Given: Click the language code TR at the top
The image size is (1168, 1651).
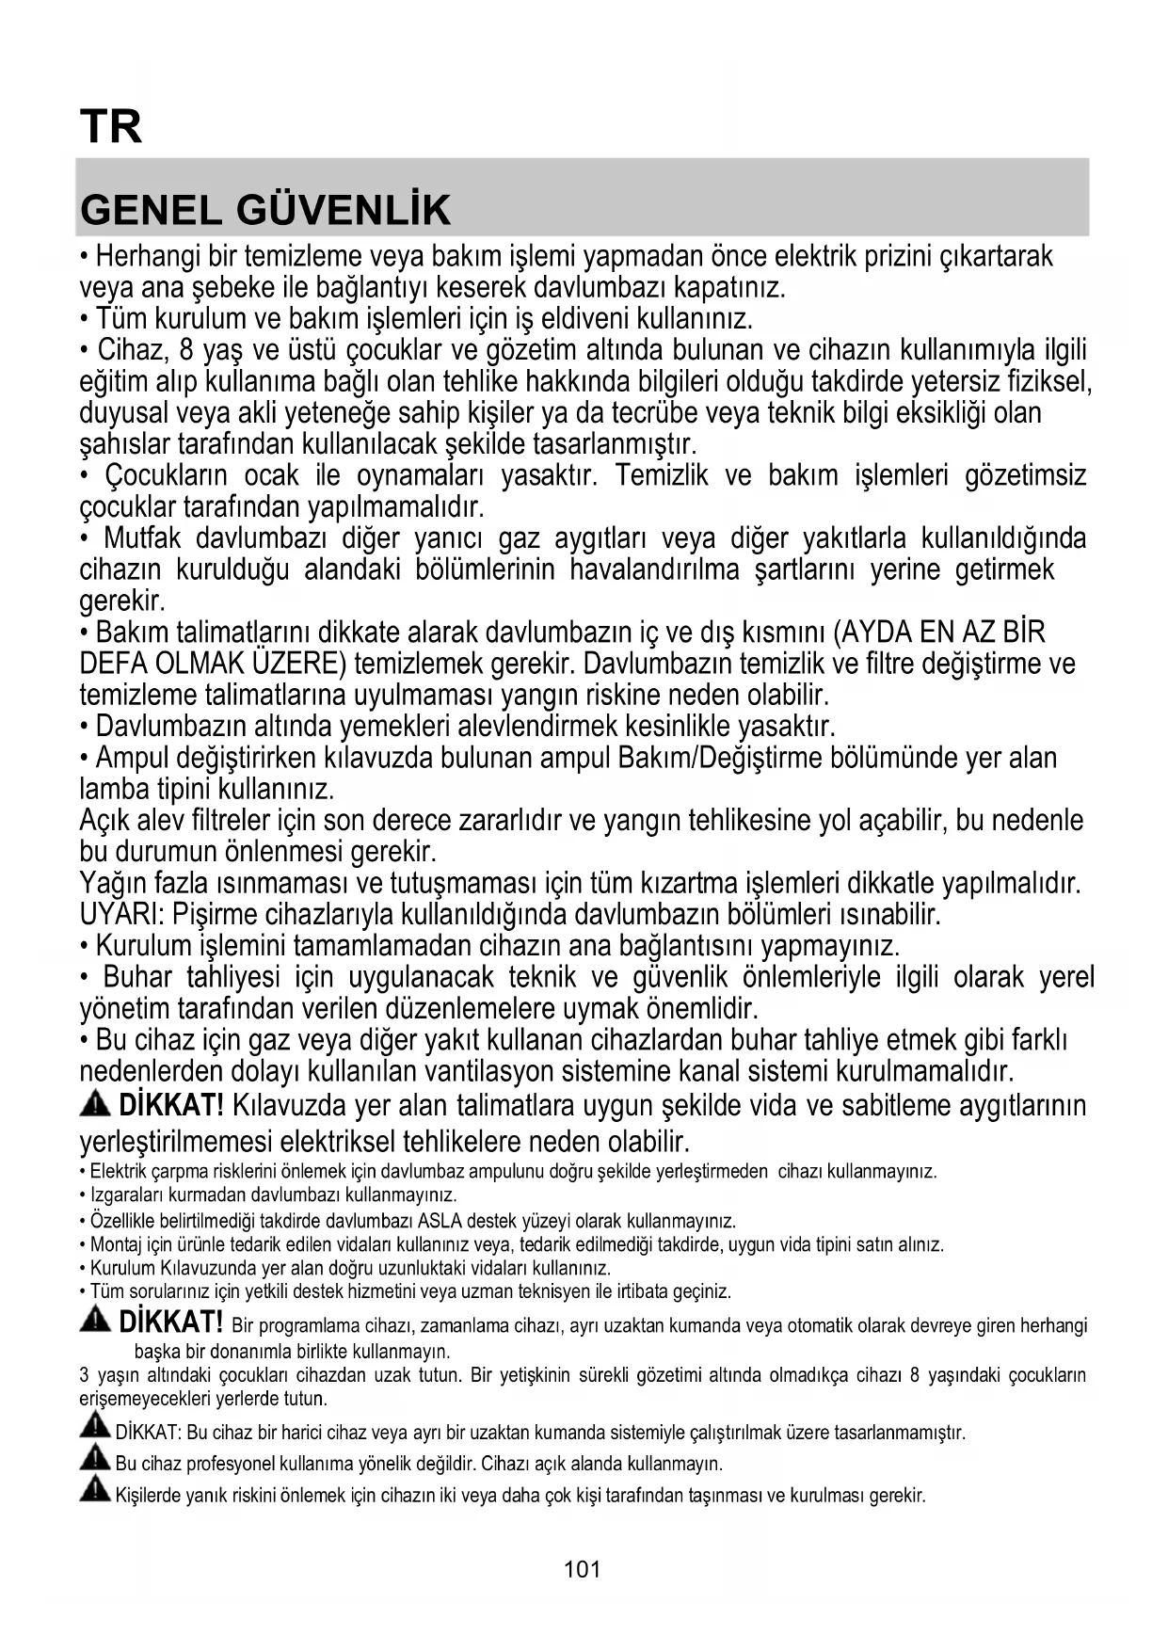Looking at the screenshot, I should pyautogui.click(x=111, y=127).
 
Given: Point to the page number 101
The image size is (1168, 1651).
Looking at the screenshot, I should pyautogui.click(x=583, y=1569).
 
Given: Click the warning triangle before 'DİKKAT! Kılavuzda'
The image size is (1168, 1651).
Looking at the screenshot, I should pyautogui.click(x=95, y=1104).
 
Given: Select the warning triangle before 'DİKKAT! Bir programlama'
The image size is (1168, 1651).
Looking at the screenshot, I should pyautogui.click(x=95, y=1322).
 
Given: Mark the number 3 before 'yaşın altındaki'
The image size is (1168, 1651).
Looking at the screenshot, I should pyautogui.click(x=85, y=1375).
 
